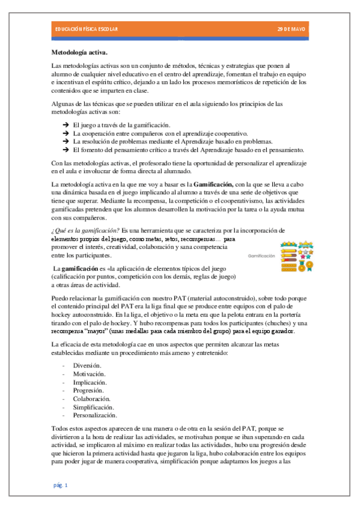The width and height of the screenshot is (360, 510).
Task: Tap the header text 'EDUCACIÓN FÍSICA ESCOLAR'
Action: [86, 29]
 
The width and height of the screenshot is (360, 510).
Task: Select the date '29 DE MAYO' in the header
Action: [291, 29]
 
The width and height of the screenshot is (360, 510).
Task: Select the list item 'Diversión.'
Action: [87, 365]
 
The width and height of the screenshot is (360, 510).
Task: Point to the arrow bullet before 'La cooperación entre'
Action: [65, 132]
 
